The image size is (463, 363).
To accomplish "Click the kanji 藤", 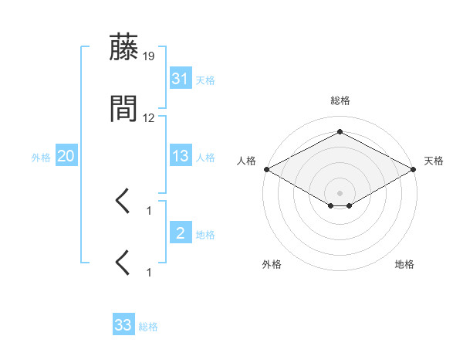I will pyautogui.click(x=123, y=48).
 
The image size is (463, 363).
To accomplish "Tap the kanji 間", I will pyautogui.click(x=123, y=109).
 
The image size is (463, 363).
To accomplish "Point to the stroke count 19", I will pyautogui.click(x=149, y=56).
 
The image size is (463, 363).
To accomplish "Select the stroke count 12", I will pyautogui.click(x=149, y=118).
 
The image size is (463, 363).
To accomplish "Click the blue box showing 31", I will pyautogui.click(x=180, y=79).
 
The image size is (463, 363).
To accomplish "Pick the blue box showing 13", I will pyautogui.click(x=180, y=156).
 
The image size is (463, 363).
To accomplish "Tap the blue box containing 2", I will pyautogui.click(x=180, y=233).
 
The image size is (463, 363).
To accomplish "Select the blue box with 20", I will pyautogui.click(x=66, y=156).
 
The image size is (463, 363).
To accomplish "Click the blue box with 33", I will pyautogui.click(x=123, y=325).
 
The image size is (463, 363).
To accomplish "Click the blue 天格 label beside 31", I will pyautogui.click(x=205, y=80).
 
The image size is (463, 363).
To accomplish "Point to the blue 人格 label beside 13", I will pyautogui.click(x=205, y=158).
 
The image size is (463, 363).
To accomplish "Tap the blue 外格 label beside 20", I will pyautogui.click(x=41, y=158).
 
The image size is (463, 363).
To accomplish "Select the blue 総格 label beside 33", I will pyautogui.click(x=148, y=327).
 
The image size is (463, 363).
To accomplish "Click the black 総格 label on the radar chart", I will pyautogui.click(x=340, y=100).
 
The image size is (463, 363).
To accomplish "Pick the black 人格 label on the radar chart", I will pyautogui.click(x=246, y=161).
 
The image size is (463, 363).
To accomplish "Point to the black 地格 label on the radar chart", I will pyautogui.click(x=404, y=264).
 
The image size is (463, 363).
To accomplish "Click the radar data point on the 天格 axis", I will pyautogui.click(x=414, y=169).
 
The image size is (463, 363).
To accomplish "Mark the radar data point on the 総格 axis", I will pyautogui.click(x=340, y=131).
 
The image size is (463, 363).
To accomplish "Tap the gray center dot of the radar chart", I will pyautogui.click(x=340, y=193).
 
